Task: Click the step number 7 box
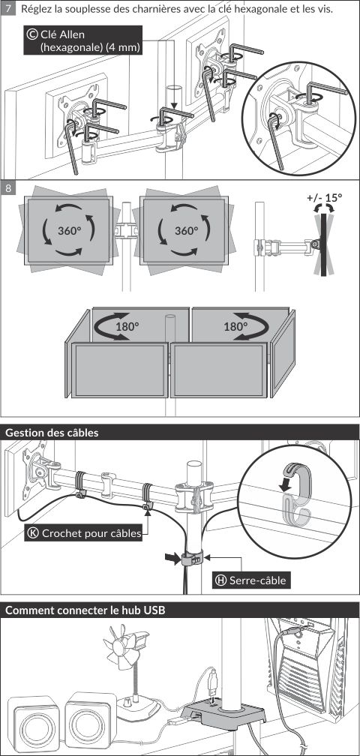coord(8,9)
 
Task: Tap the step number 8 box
coord(8,188)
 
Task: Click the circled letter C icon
coord(32,34)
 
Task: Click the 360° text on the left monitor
coord(70,230)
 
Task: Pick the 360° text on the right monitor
coord(187,230)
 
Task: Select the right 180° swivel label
coord(235,326)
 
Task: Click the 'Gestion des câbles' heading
coord(52,433)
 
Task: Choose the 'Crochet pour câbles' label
coord(91,533)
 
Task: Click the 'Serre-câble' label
coord(257,580)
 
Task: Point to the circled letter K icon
coord(33,533)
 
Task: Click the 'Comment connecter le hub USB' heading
coord(85,610)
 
